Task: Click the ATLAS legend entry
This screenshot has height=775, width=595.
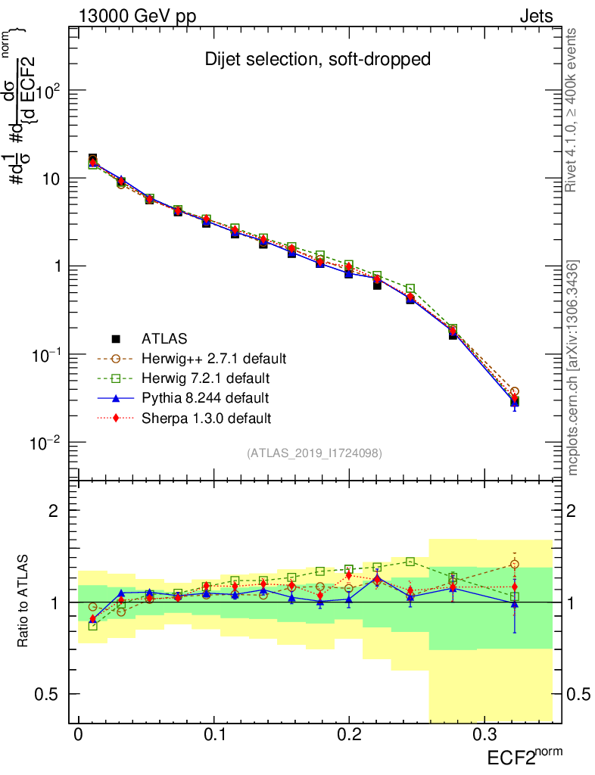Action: [163, 338]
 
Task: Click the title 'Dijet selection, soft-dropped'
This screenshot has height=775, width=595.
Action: [318, 60]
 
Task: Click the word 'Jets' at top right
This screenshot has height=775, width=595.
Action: [535, 16]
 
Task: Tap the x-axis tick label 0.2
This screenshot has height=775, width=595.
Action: [348, 736]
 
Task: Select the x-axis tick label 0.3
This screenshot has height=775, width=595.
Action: [484, 736]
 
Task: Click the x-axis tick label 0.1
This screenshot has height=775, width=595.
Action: [213, 736]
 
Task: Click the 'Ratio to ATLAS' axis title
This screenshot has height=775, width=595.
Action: [23, 602]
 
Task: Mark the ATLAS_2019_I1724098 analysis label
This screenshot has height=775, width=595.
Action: [314, 453]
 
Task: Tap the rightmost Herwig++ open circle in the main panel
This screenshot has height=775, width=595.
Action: [515, 391]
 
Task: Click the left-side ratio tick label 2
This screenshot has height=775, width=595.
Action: [54, 511]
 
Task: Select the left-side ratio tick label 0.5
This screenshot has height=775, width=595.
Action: [47, 694]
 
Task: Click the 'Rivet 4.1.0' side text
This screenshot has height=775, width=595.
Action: [574, 110]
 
